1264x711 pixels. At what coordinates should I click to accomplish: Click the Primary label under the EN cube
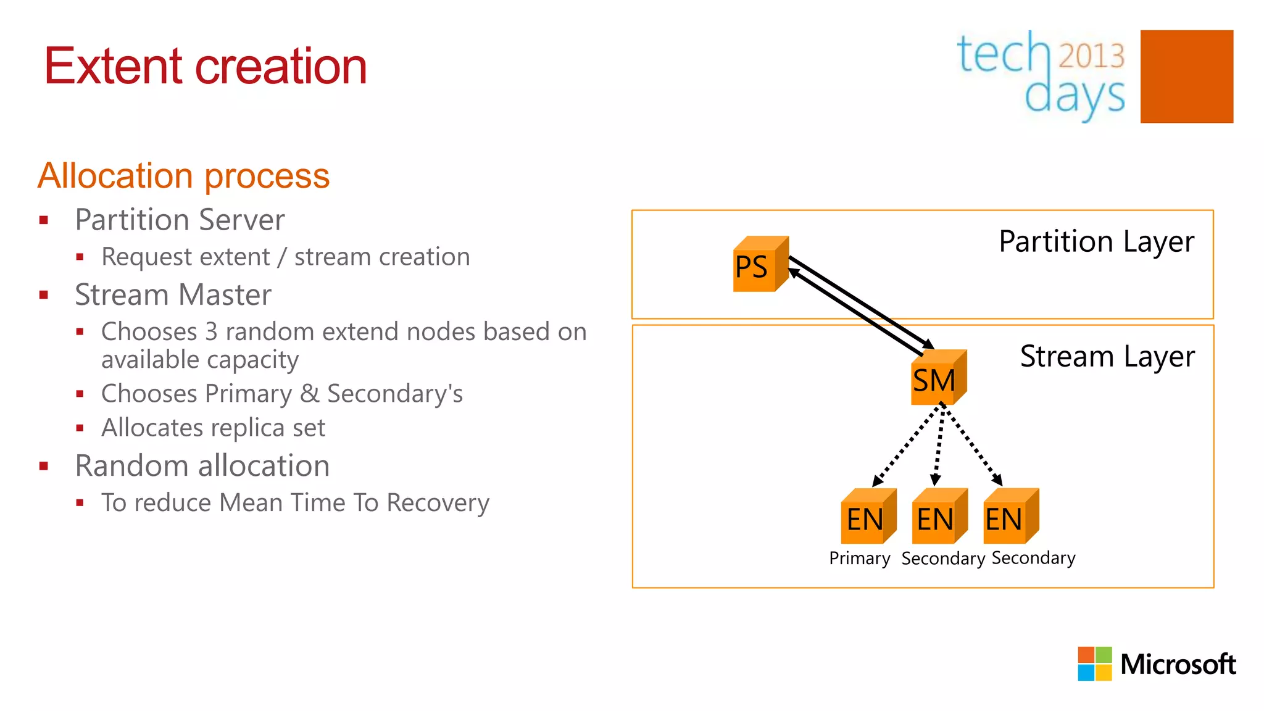859,559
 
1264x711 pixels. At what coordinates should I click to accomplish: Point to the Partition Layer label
1096,241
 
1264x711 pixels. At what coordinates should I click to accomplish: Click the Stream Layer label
1107,357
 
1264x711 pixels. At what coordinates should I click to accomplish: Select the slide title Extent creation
206,66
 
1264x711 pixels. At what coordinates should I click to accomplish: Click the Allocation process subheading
183,176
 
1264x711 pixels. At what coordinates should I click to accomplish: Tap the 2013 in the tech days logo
1091,56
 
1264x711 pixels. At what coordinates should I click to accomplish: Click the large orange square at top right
1186,77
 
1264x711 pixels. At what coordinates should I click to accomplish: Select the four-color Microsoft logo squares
1094,663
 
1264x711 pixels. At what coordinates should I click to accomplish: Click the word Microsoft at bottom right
1178,665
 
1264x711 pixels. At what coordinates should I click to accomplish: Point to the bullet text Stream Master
173,295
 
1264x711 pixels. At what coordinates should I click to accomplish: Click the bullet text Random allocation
202,466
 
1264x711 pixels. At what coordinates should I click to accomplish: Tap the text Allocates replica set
213,428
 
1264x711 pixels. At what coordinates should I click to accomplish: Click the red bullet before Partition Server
44,220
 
